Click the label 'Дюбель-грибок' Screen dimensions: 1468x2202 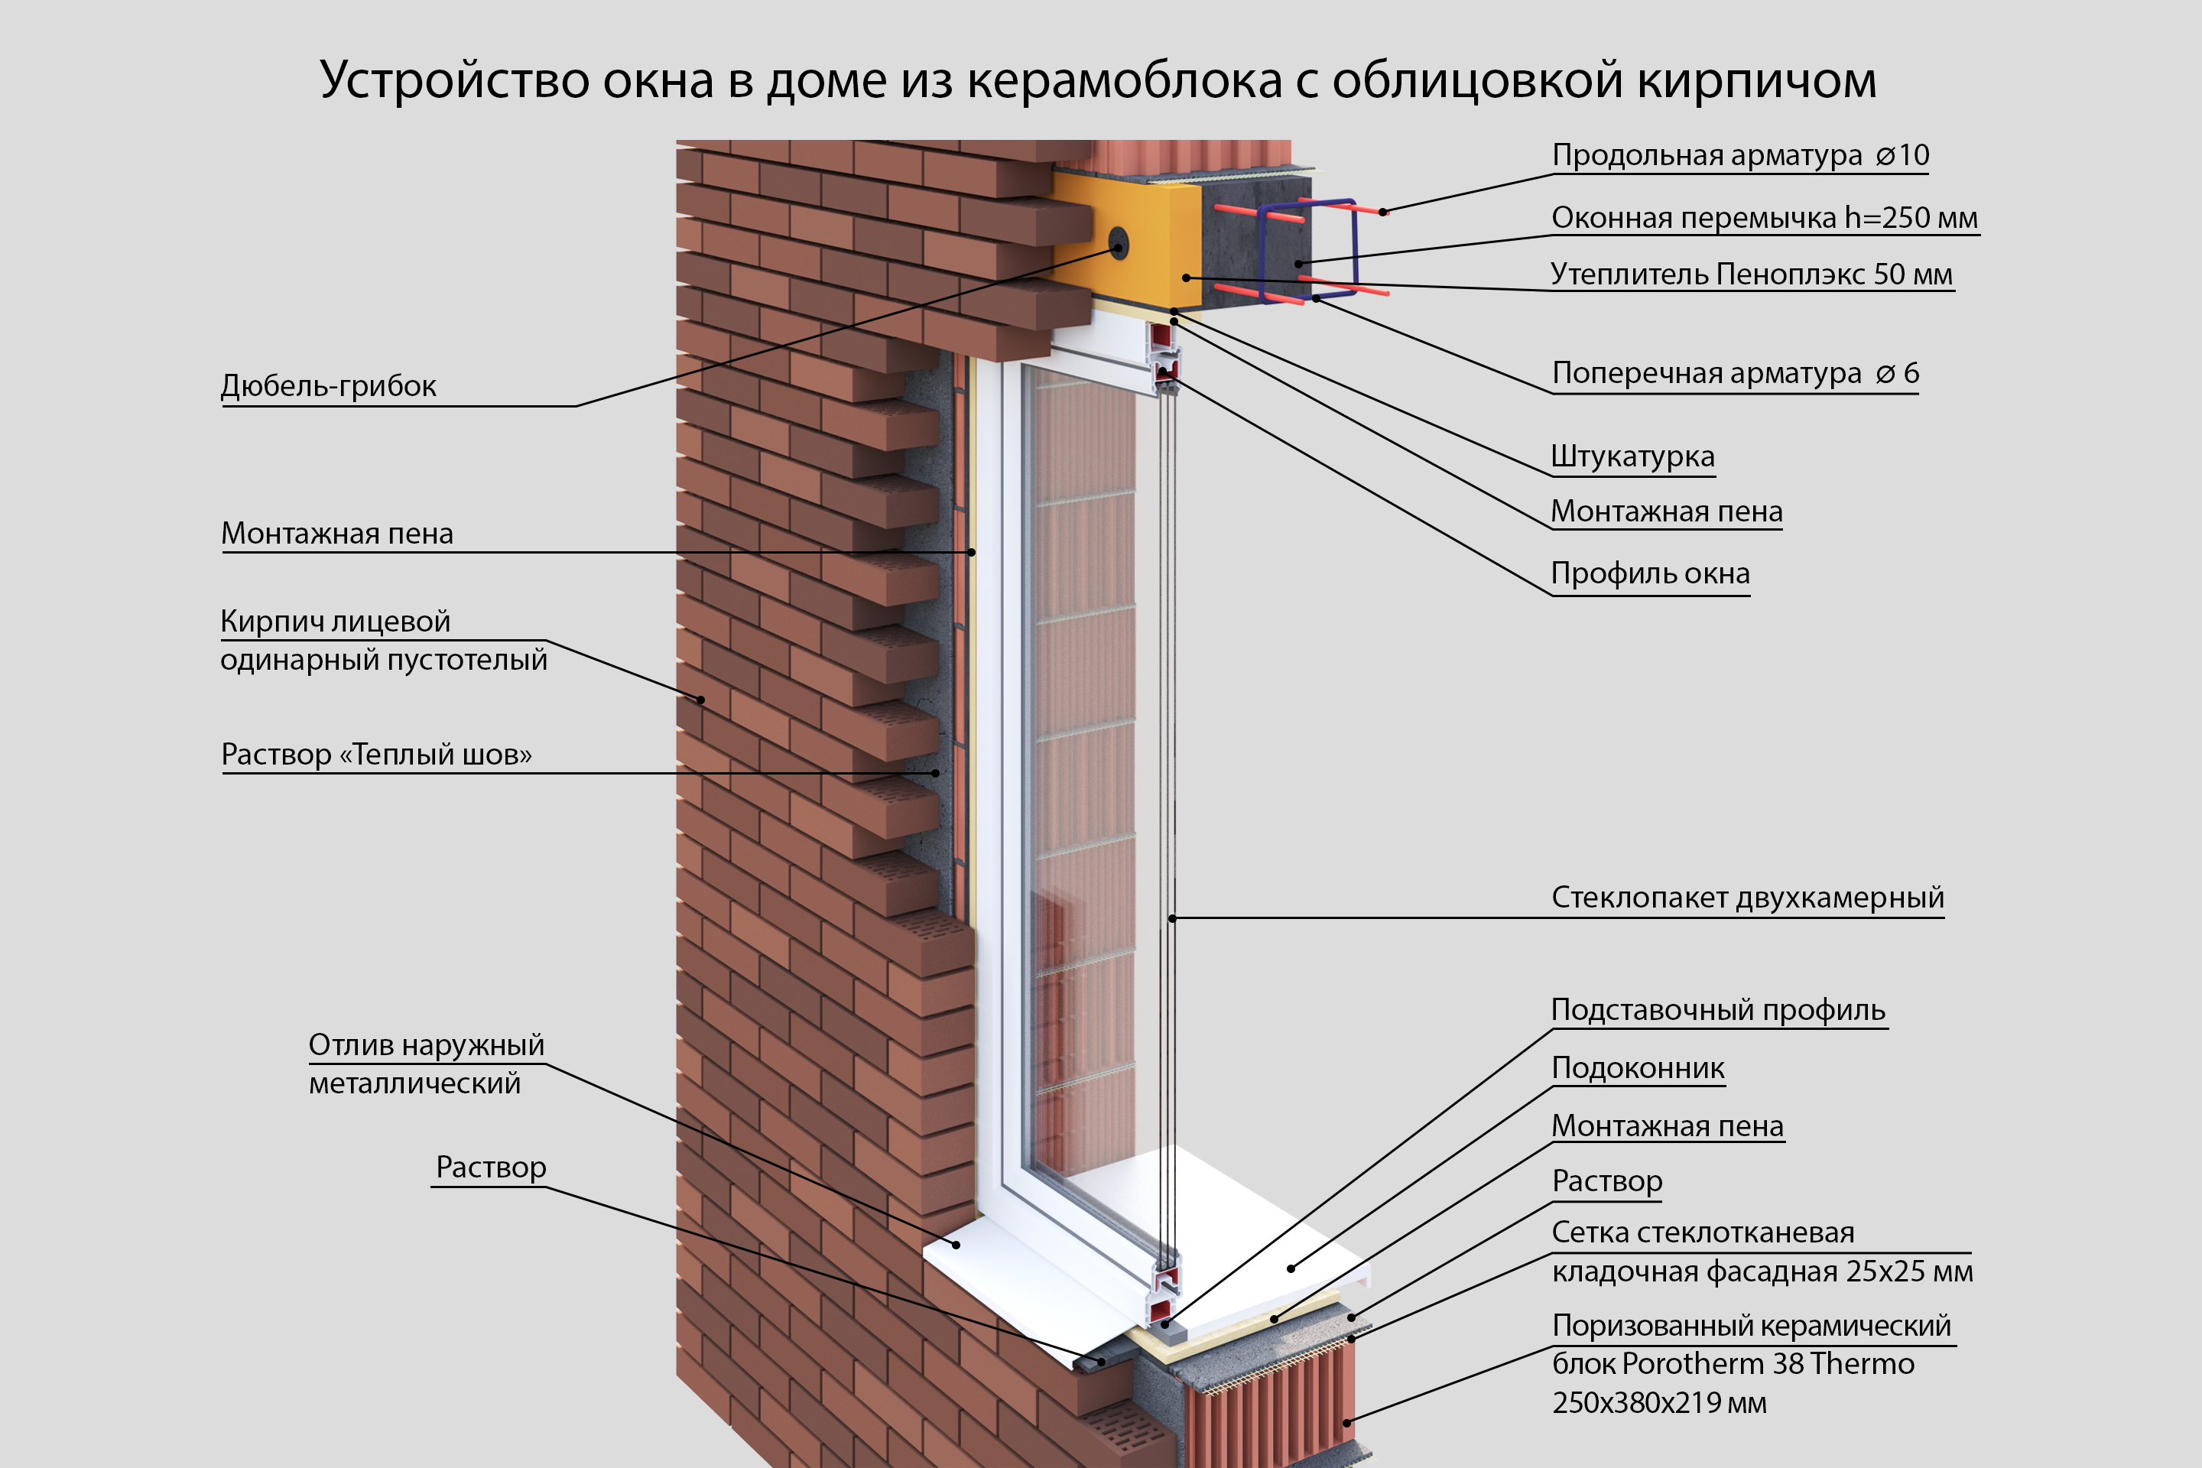[328, 385]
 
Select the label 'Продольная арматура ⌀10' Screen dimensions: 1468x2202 [1739, 154]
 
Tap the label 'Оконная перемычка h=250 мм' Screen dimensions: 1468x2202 [1764, 217]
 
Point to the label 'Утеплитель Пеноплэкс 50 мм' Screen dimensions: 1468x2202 [1751, 274]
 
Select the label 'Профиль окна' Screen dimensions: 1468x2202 [1650, 573]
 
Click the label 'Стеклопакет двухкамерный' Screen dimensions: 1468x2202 [1747, 897]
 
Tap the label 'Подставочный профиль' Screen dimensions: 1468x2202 [1717, 1009]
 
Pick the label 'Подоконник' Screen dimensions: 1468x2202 [1638, 1067]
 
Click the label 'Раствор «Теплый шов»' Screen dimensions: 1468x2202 [376, 754]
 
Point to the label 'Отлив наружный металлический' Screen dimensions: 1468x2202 [426, 1064]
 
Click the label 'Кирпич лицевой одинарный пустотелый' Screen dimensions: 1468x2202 [383, 641]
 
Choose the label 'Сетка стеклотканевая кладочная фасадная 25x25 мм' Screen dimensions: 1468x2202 [1761, 1252]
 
